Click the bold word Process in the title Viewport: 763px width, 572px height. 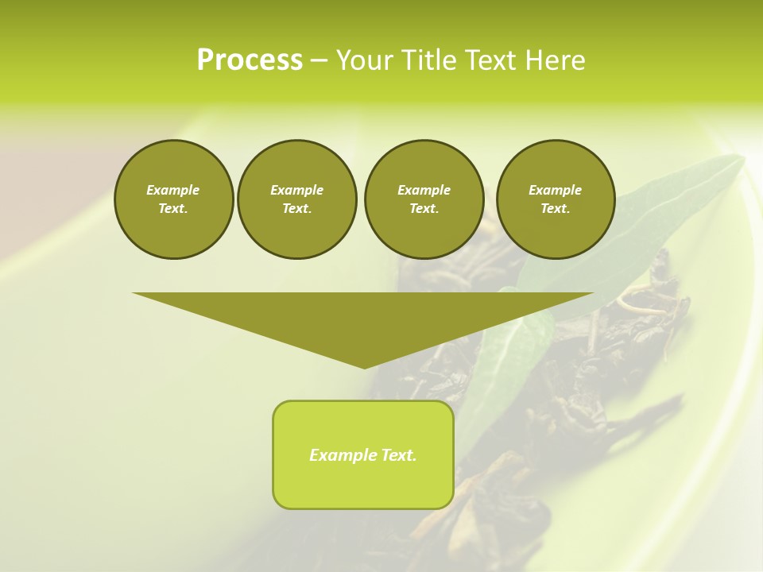click(x=250, y=60)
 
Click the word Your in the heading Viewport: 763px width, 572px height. click(x=364, y=60)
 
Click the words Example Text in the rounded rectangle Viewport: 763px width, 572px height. click(x=363, y=455)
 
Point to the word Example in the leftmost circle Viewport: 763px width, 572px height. click(x=173, y=190)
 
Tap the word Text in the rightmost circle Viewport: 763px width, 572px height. click(x=556, y=208)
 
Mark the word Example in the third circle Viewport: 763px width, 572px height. click(x=424, y=190)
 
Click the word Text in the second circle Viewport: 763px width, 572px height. click(x=296, y=208)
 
